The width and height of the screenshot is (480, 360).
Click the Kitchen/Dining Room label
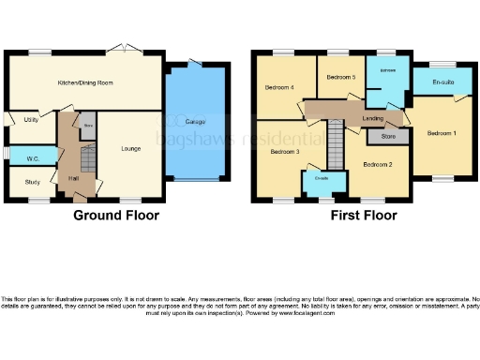pyautogui.click(x=85, y=83)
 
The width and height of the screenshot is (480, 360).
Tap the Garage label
pyautogui.click(x=195, y=123)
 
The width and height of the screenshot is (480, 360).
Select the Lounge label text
pyautogui.click(x=129, y=148)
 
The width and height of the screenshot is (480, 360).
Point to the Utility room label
pyautogui.click(x=31, y=120)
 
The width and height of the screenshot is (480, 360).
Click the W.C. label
pyautogui.click(x=32, y=158)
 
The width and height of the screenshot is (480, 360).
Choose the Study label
pyautogui.click(x=32, y=184)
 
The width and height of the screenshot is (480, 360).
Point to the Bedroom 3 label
pyautogui.click(x=285, y=151)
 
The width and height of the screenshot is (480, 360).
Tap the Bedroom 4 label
pyautogui.click(x=279, y=88)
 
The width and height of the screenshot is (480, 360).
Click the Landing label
pyautogui.click(x=372, y=117)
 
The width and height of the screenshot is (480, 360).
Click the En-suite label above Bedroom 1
pyautogui.click(x=442, y=82)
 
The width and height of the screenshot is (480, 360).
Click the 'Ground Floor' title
pyautogui.click(x=116, y=215)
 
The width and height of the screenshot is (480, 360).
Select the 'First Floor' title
pyautogui.click(x=361, y=215)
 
